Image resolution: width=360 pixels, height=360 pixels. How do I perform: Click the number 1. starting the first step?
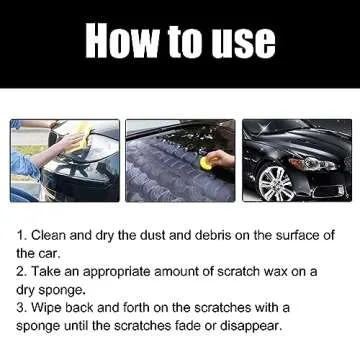pos(20,235)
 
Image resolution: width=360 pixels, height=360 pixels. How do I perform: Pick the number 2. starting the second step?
pos(20,271)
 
